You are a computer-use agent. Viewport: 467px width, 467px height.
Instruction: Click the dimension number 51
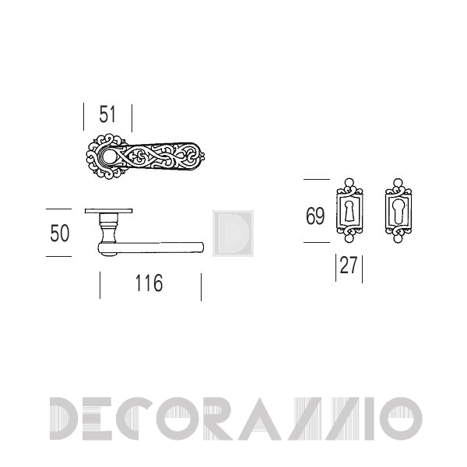(x=107, y=114)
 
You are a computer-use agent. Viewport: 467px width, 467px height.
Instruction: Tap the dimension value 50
(x=60, y=233)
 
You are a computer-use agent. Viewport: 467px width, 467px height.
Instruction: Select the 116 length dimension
(x=149, y=283)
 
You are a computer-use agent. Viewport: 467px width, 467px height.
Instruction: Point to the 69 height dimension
(x=315, y=216)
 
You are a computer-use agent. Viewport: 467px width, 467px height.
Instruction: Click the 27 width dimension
(x=349, y=265)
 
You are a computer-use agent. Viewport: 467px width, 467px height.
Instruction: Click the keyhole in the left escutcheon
(x=349, y=211)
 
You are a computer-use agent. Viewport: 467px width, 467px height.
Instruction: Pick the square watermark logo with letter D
(x=233, y=233)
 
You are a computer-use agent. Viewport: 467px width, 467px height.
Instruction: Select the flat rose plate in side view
(x=108, y=211)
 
